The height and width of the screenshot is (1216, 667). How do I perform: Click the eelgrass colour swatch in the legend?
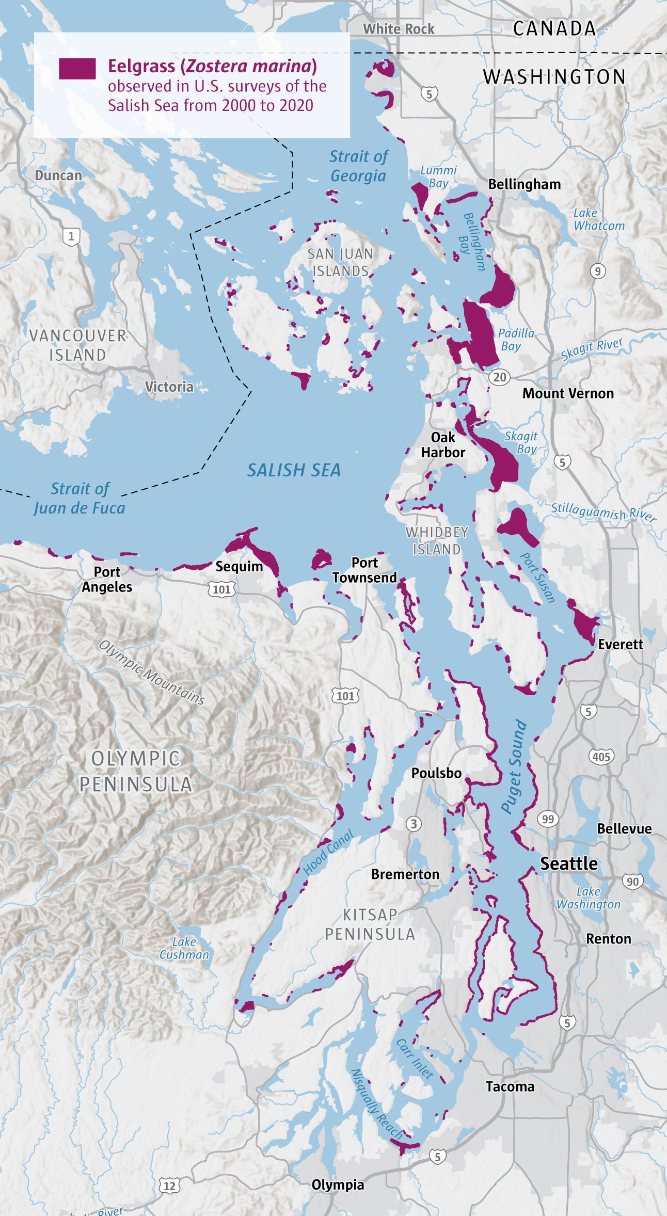tap(77, 69)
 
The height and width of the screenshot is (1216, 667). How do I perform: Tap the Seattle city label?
tap(568, 863)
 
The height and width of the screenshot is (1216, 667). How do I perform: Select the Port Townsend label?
tap(364, 570)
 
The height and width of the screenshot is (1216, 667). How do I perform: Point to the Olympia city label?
tap(338, 1185)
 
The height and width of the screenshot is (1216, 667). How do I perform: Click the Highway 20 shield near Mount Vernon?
tap(500, 377)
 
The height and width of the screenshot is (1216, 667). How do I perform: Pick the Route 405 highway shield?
tap(601, 757)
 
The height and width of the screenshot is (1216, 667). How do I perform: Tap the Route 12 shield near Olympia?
tap(169, 1186)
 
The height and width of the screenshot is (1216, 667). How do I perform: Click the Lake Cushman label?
tap(184, 948)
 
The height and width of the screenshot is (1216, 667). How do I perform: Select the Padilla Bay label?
tap(516, 340)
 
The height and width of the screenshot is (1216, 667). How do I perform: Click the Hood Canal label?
tap(328, 852)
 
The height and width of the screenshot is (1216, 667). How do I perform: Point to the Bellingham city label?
tap(524, 184)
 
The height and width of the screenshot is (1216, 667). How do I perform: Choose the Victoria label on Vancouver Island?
tap(169, 387)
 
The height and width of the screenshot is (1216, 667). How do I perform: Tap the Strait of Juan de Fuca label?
tap(80, 499)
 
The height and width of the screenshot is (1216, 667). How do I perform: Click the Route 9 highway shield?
tap(597, 271)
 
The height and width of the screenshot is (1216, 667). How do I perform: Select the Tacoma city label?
tap(510, 1086)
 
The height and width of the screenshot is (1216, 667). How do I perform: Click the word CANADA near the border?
tap(554, 29)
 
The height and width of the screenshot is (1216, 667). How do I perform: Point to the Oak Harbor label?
tap(443, 445)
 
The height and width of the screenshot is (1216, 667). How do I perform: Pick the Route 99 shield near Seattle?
tap(548, 819)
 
